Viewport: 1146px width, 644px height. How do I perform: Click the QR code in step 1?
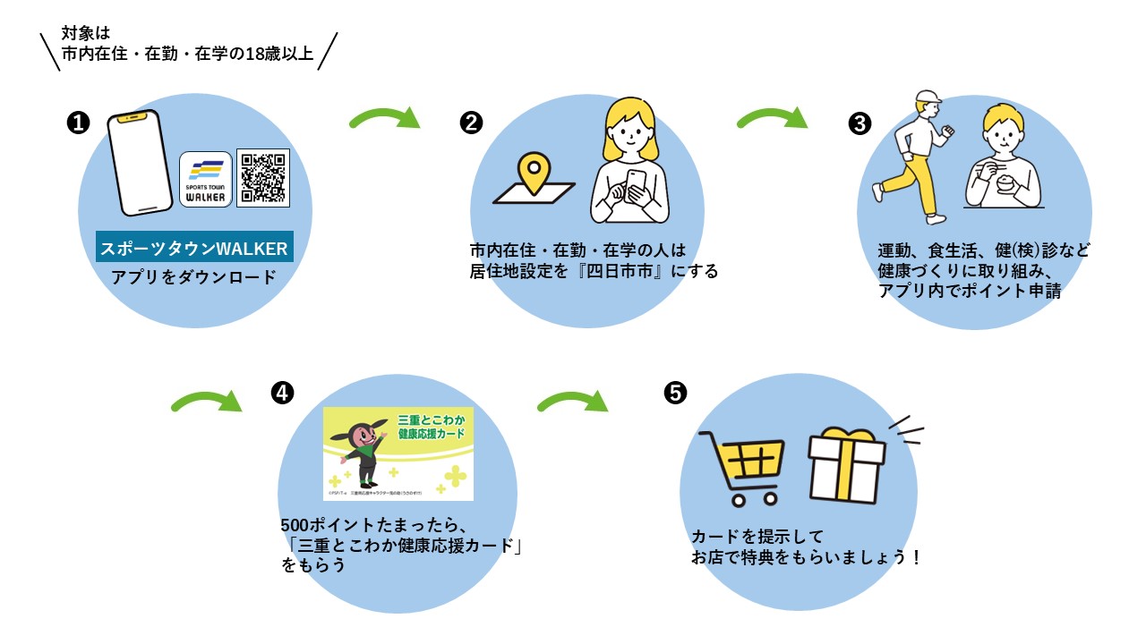[263, 178]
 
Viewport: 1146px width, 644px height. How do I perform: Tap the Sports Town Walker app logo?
[206, 179]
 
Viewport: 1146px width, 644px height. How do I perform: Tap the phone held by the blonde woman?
[637, 183]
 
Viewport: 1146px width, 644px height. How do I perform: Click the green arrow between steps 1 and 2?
[385, 118]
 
